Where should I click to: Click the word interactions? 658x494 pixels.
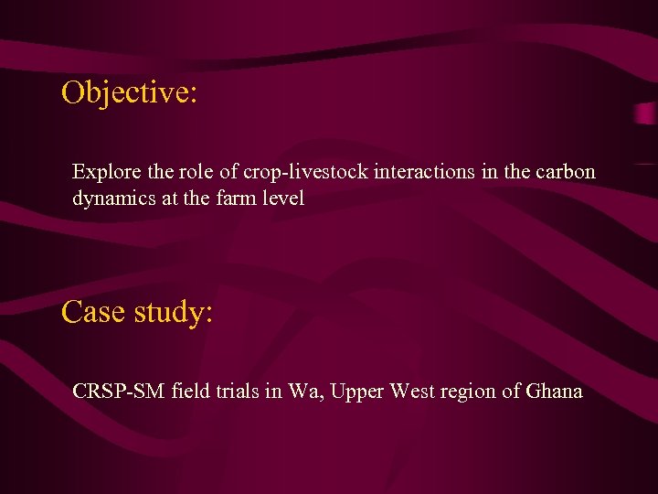[413, 172]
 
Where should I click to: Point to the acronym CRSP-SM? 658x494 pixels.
[119, 392]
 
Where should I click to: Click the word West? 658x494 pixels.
[413, 392]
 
